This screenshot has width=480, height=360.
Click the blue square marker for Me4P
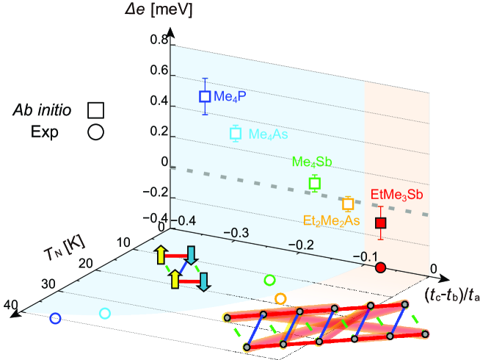click(206, 96)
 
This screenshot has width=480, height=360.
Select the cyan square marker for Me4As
click(236, 133)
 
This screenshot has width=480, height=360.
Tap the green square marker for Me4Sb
click(315, 183)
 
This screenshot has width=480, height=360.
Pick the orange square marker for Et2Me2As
click(348, 203)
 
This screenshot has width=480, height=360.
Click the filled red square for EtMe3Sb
click(380, 223)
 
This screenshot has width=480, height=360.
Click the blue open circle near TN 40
click(54, 319)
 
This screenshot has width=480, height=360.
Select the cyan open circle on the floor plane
click(104, 313)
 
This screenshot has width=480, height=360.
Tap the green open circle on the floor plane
click(269, 279)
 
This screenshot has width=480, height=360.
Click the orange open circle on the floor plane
click(280, 298)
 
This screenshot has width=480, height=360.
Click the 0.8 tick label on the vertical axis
click(158, 41)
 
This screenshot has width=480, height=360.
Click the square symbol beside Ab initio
click(95, 109)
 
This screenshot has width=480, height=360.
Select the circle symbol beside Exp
click(95, 133)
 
